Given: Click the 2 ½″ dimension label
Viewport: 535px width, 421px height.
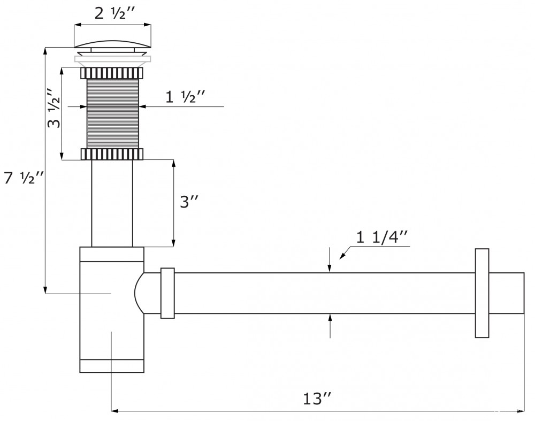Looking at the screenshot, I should pyautogui.click(x=113, y=14).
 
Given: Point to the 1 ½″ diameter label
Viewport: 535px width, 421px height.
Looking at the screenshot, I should pyautogui.click(x=185, y=98).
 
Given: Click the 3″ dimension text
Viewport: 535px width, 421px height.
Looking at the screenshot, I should pyautogui.click(x=190, y=202).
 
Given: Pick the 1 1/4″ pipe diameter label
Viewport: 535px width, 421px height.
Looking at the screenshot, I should pyautogui.click(x=383, y=238).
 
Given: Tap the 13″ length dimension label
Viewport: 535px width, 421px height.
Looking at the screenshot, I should pyautogui.click(x=317, y=399).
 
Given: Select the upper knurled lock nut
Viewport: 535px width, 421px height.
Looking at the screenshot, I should pyautogui.click(x=112, y=73).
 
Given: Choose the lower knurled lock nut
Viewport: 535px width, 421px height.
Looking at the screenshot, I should pyautogui.click(x=112, y=154).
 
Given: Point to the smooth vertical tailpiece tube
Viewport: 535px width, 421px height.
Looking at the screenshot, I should pyautogui.click(x=112, y=203).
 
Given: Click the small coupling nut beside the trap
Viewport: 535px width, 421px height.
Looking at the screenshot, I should pyautogui.click(x=167, y=293).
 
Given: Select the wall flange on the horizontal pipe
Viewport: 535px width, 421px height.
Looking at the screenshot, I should pyautogui.click(x=482, y=293).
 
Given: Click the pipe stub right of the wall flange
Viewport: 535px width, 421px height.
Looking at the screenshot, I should pyautogui.click(x=506, y=293).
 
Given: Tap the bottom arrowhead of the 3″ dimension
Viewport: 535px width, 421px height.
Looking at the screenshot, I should pyautogui.click(x=173, y=243).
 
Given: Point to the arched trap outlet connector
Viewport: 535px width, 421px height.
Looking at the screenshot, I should pyautogui.click(x=139, y=293).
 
